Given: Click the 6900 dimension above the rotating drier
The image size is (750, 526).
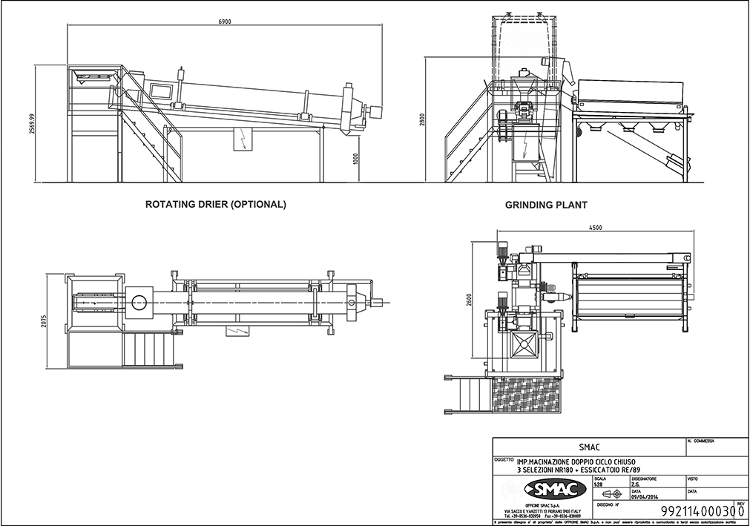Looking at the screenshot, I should pos(225,22).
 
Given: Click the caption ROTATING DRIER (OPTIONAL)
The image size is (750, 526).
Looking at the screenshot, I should pos(215,204).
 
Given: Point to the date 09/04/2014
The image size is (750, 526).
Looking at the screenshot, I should pos(642,498).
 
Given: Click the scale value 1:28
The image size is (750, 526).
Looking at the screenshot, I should pos(600,484).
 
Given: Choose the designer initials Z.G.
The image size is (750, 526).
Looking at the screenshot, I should pos(636,484).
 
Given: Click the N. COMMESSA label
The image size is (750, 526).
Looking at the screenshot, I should pos(701,441).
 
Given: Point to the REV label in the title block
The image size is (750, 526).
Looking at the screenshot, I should pos(739,502).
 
